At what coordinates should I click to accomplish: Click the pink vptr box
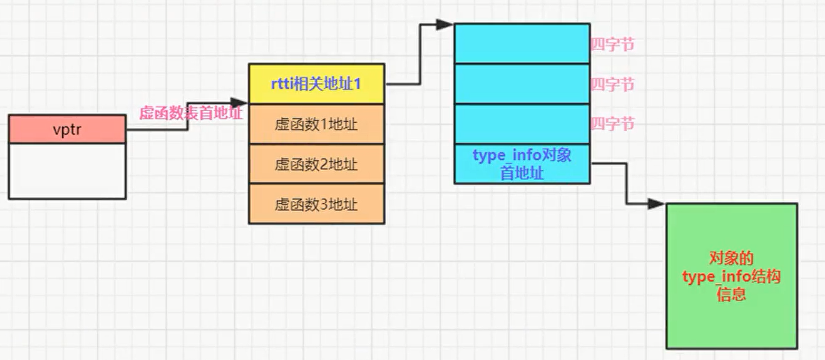point(67,129)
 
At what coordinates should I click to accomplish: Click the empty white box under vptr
point(67,171)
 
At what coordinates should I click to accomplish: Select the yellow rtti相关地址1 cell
point(316,84)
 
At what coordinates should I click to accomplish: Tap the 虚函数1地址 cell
point(316,124)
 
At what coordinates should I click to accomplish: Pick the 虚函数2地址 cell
point(316,164)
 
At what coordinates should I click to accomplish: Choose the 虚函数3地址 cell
point(316,204)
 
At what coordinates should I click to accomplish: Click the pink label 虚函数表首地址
point(191,113)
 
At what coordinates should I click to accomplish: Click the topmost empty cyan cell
point(522,44)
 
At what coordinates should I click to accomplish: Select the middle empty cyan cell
point(522,84)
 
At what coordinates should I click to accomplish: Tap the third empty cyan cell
point(522,124)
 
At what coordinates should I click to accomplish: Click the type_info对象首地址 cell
point(522,164)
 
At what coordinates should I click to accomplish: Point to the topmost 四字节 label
point(612,45)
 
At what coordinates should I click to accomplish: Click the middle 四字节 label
point(612,85)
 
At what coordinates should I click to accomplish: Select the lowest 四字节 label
point(612,124)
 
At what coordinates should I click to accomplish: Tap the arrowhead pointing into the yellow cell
point(239,103)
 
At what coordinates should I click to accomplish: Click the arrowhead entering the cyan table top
point(445,25)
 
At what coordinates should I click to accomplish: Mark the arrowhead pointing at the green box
point(656,204)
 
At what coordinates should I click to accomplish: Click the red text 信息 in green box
point(731,294)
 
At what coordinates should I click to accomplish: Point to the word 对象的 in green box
point(731,258)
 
